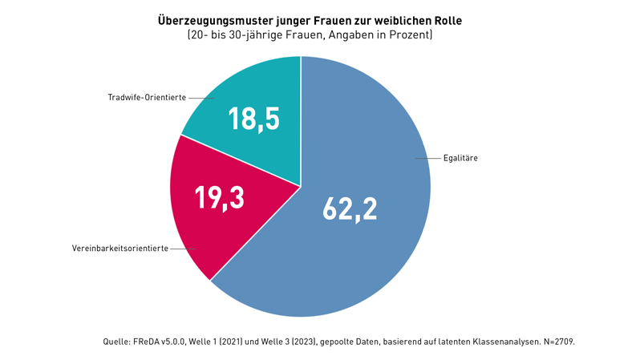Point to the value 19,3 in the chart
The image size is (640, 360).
tap(220, 197)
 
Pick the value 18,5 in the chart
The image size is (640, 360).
tap(253, 119)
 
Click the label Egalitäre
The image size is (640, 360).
tap(460, 159)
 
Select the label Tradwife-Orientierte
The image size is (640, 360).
tap(147, 97)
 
